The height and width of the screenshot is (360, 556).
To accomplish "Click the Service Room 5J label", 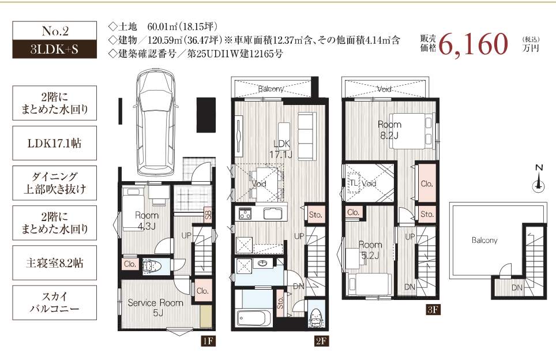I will tap(155, 307).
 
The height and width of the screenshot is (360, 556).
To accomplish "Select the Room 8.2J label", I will tap(389, 129).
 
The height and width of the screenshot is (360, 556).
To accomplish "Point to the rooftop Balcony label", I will tap(484, 241).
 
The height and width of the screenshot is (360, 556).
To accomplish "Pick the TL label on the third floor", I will tap(353, 183).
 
